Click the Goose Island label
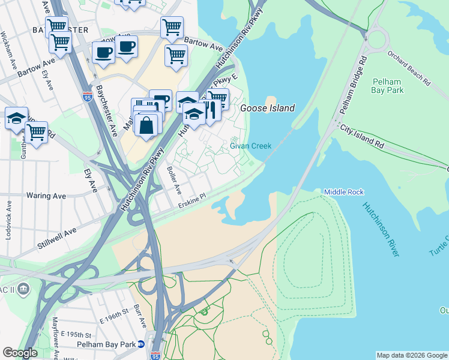point(268,109)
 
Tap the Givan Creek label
point(251,146)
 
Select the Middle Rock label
point(344,192)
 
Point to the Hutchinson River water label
point(380,229)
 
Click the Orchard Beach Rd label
point(408,67)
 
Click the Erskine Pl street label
point(192,200)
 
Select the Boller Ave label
point(173,180)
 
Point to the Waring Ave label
point(46,196)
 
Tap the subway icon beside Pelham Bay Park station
point(140,344)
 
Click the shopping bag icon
point(147,125)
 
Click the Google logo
point(20,353)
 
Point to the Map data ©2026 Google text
point(411,355)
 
